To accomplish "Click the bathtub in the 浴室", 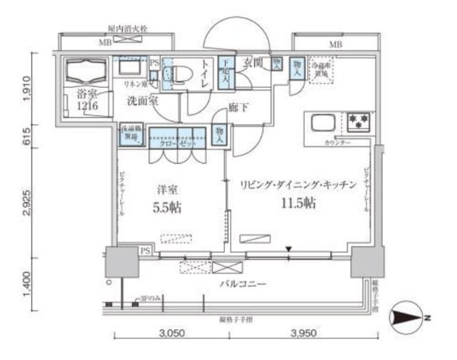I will coord(85,72).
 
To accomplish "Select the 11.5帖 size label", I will coord(298,202).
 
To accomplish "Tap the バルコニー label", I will coord(243,284).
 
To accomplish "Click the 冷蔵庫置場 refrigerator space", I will coord(320,71).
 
